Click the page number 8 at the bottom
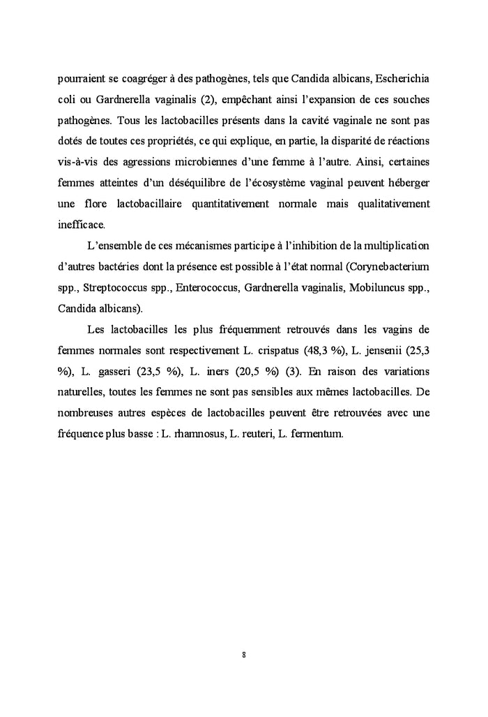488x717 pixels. [x=243, y=655]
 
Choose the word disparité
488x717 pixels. [x=351, y=140]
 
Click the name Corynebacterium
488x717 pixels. [x=389, y=266]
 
